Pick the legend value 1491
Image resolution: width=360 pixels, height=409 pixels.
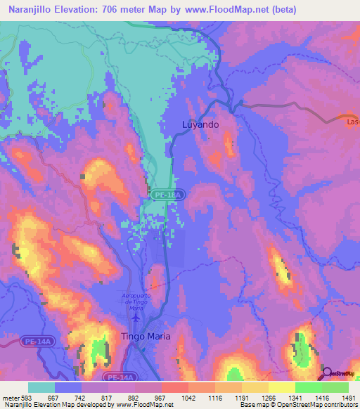click(x=349, y=398)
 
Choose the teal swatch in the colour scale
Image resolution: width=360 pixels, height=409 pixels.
click(x=41, y=387)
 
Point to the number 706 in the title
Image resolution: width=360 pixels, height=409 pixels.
click(x=112, y=10)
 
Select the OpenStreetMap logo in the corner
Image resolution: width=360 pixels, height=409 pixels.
click(x=337, y=372)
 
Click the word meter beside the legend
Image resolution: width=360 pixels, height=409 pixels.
click(x=9, y=398)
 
